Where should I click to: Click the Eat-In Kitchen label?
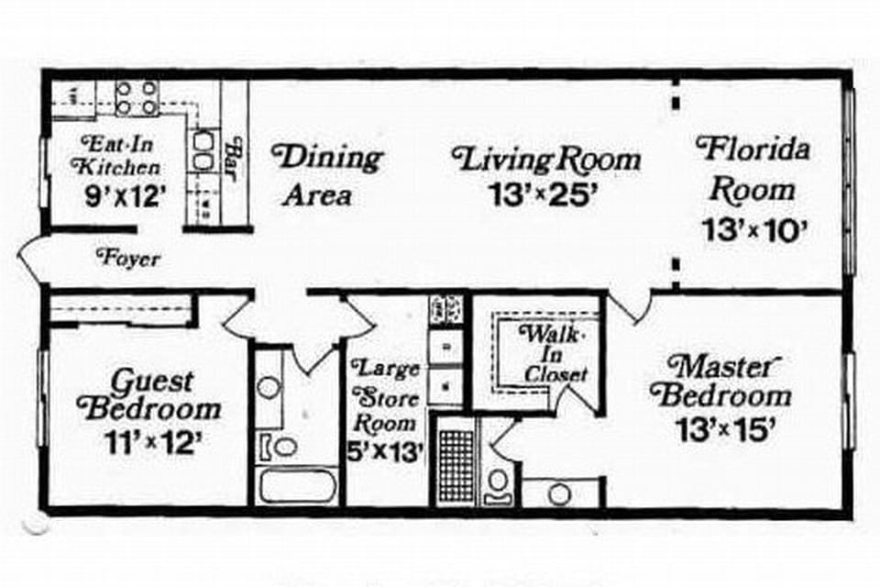(x=119, y=155)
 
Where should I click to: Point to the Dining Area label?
(x=330, y=174)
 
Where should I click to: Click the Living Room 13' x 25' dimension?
(x=546, y=195)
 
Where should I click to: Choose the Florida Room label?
(x=753, y=169)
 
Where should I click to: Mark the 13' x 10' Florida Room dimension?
(x=753, y=229)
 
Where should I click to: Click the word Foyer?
(x=128, y=260)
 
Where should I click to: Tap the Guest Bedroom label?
(x=151, y=394)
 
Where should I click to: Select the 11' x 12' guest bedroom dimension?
(x=151, y=444)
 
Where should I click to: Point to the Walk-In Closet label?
(x=553, y=352)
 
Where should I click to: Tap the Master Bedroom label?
(x=720, y=381)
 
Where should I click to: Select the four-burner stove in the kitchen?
(x=137, y=97)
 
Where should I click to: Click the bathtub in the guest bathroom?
(x=296, y=484)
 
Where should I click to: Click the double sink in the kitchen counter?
(x=203, y=151)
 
